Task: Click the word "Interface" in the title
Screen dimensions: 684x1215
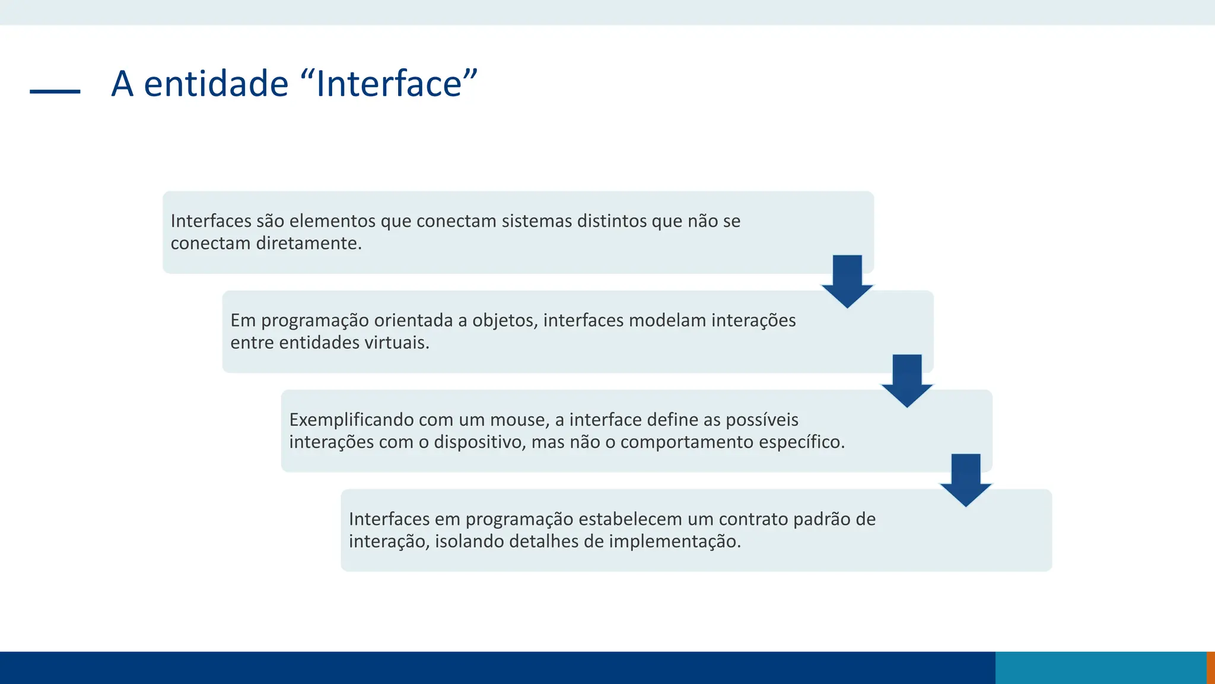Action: [x=389, y=84]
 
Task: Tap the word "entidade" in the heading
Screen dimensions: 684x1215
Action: [x=215, y=84]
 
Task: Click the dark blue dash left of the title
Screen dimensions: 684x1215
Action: [x=55, y=91]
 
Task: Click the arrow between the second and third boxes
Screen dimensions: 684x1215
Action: [x=907, y=381]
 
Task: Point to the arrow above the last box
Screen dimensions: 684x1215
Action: [x=966, y=480]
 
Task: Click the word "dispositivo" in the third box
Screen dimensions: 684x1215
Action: [x=479, y=442]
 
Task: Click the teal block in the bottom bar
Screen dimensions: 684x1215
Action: [x=1101, y=667]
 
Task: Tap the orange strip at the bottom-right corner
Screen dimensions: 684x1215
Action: [x=1211, y=667]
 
